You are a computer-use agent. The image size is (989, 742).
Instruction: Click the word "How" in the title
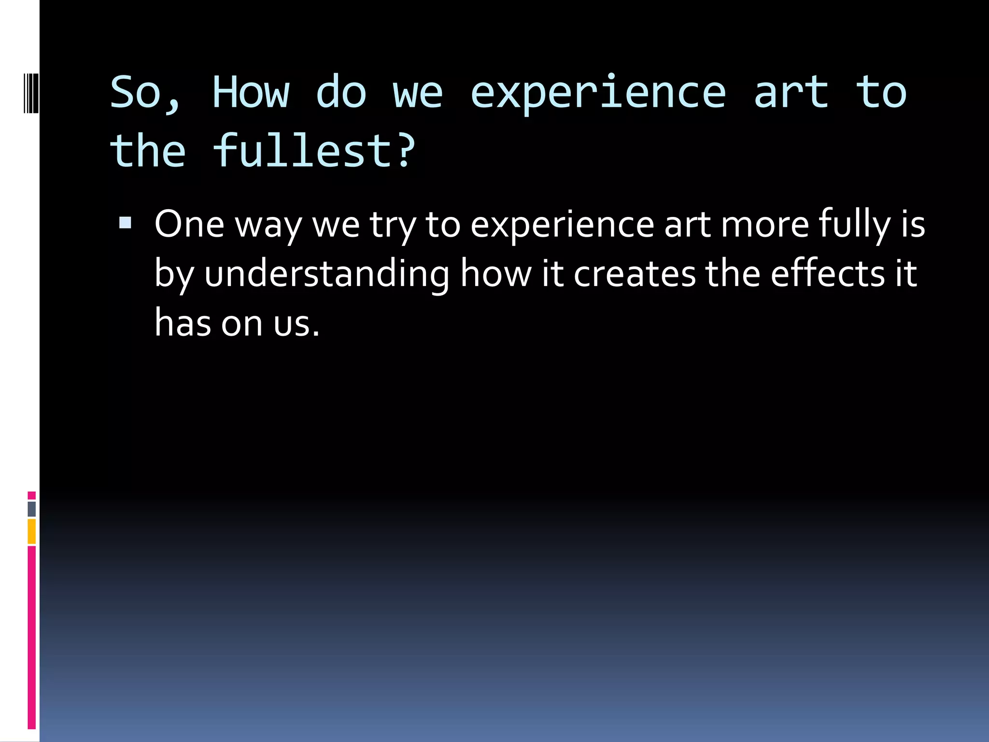tap(251, 92)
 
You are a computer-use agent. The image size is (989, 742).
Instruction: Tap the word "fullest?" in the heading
tap(314, 151)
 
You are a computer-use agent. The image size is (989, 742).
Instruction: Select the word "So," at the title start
tap(145, 93)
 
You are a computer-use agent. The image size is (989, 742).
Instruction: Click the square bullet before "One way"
tap(125, 223)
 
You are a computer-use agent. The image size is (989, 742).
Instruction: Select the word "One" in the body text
tap(189, 225)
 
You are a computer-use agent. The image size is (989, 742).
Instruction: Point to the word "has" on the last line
tap(183, 323)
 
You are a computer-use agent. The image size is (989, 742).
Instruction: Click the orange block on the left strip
tap(32, 531)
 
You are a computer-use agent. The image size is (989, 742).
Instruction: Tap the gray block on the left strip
tap(32, 509)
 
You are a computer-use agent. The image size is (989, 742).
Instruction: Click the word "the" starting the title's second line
tap(148, 151)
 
